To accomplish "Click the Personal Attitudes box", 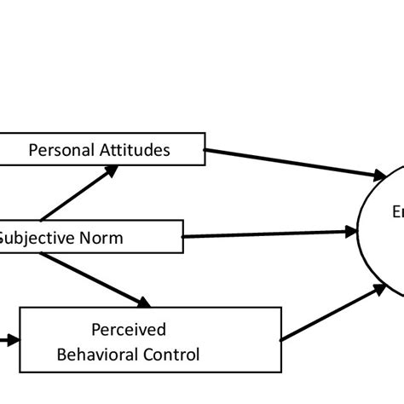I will pos(102,149).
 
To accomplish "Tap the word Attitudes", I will pos(136,150).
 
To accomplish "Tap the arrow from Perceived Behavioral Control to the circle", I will pos(332,313).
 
